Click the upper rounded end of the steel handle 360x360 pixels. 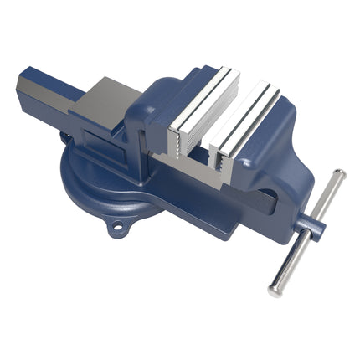click(338, 174)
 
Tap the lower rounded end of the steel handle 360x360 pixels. click(274, 291)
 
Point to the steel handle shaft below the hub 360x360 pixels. click(289, 264)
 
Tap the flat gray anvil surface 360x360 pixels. click(109, 100)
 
